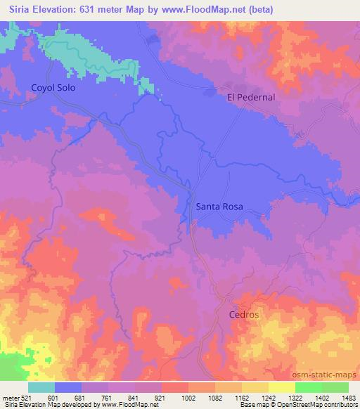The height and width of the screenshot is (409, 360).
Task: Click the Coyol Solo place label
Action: coord(53,89)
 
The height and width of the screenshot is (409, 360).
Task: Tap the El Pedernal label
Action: coord(251,97)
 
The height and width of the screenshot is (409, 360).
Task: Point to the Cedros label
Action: coord(244,314)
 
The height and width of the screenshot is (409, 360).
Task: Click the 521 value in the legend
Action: coord(27,398)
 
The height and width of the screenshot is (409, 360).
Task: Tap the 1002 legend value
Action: coord(188,398)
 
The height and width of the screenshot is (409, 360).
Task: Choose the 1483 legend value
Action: coord(348,398)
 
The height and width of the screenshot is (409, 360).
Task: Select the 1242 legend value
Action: coord(269,398)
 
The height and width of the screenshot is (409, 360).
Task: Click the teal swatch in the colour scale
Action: coord(41,387)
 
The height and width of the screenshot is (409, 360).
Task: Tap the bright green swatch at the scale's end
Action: coord(335,387)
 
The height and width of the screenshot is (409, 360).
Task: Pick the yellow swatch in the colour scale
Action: coord(282,387)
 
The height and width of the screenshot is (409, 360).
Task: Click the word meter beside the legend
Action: coord(8,398)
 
